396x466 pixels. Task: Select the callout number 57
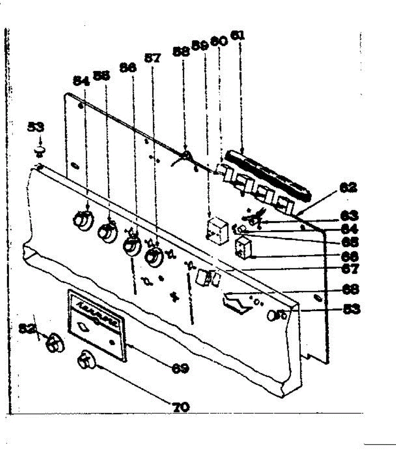152,58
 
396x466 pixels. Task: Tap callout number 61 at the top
238,35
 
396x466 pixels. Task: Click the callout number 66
350,256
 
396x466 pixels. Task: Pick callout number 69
181,367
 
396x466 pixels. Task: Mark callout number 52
28,328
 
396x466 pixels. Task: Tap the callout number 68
350,289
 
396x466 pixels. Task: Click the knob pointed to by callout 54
82,219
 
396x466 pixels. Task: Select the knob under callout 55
107,232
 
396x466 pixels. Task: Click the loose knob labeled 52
54,343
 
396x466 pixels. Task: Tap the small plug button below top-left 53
40,151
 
